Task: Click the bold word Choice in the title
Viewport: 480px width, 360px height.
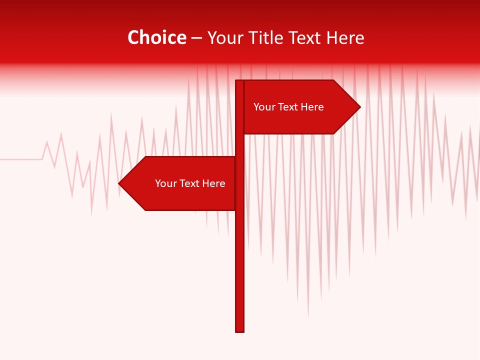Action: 156,38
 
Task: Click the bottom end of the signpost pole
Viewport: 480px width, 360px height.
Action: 240,330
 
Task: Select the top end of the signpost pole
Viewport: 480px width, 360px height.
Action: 240,81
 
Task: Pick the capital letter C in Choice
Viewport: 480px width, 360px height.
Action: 133,38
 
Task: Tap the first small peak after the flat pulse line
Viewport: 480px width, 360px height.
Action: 47,142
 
